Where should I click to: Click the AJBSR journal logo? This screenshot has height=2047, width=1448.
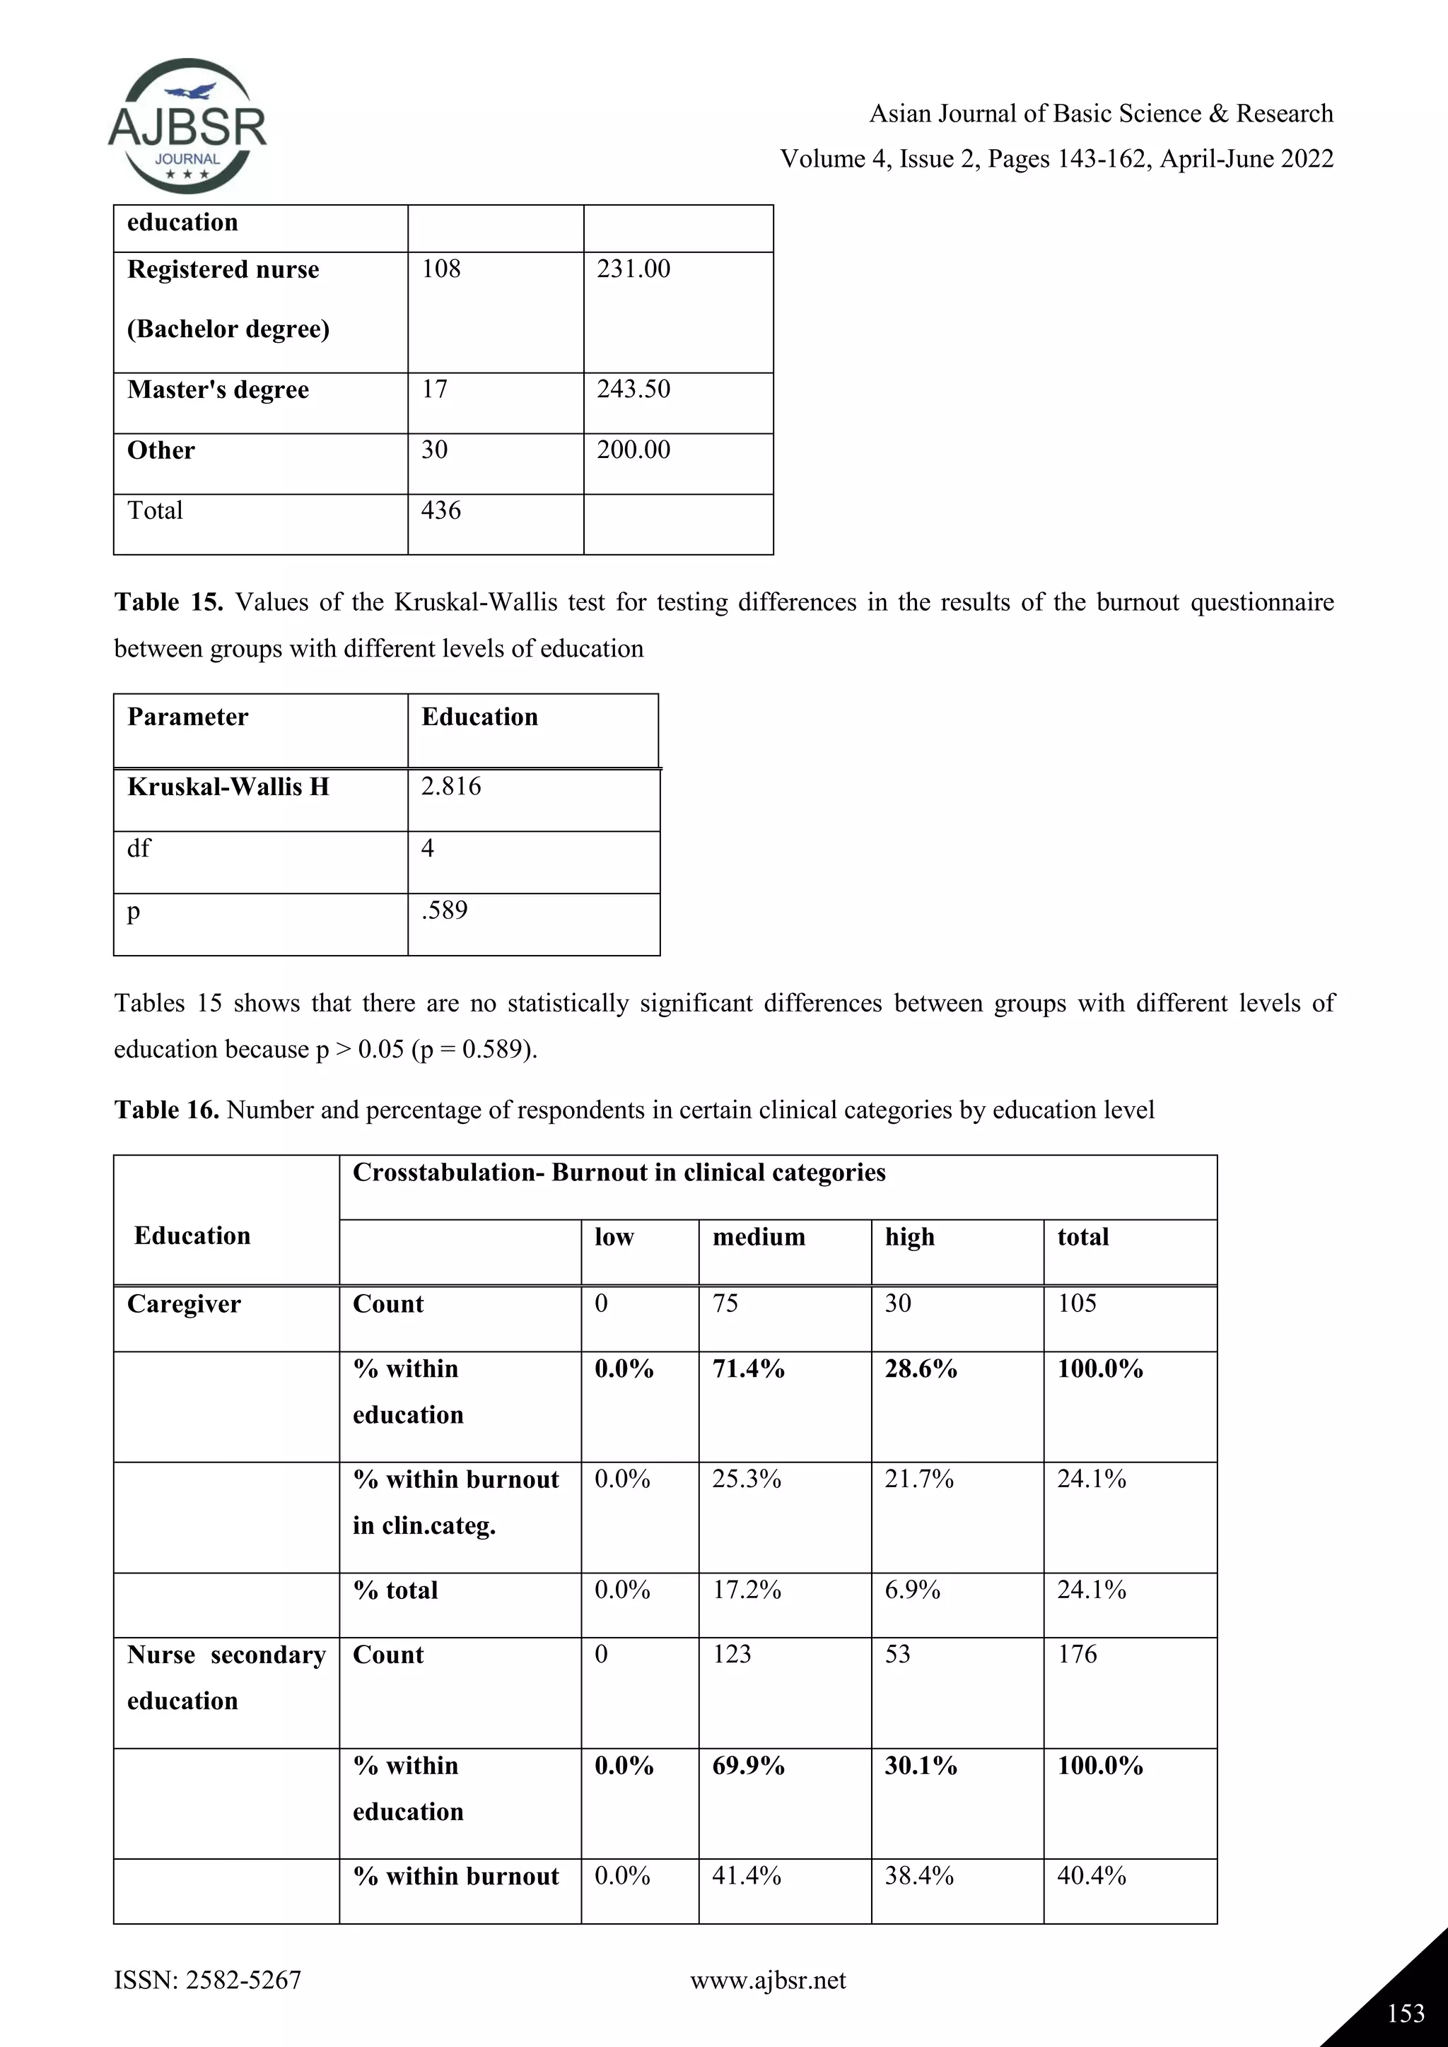coord(187,127)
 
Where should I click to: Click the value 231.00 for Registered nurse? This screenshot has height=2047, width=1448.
coord(633,269)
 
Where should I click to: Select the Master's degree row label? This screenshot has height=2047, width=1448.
coord(218,390)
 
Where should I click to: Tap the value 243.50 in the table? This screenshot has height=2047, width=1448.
coord(633,389)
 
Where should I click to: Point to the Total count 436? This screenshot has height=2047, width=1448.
coord(440,511)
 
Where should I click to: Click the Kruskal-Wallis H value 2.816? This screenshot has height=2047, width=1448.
coord(450,786)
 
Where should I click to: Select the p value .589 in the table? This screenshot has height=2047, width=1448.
coord(444,910)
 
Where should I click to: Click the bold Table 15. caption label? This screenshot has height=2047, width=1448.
coord(168,603)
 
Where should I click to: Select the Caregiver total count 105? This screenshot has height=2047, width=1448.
coord(1076,1304)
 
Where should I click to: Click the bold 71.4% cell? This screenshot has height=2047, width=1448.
coord(748,1369)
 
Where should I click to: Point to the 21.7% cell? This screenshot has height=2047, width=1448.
coord(918,1480)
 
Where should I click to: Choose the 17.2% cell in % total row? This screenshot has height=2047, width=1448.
coord(747,1590)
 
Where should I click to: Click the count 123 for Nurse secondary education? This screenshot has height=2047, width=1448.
coord(731,1655)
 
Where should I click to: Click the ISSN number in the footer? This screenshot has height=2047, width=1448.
coord(208,1980)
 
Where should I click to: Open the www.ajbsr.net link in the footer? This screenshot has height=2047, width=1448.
coord(768,1980)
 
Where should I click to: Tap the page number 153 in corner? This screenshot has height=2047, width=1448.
coord(1405,2013)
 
